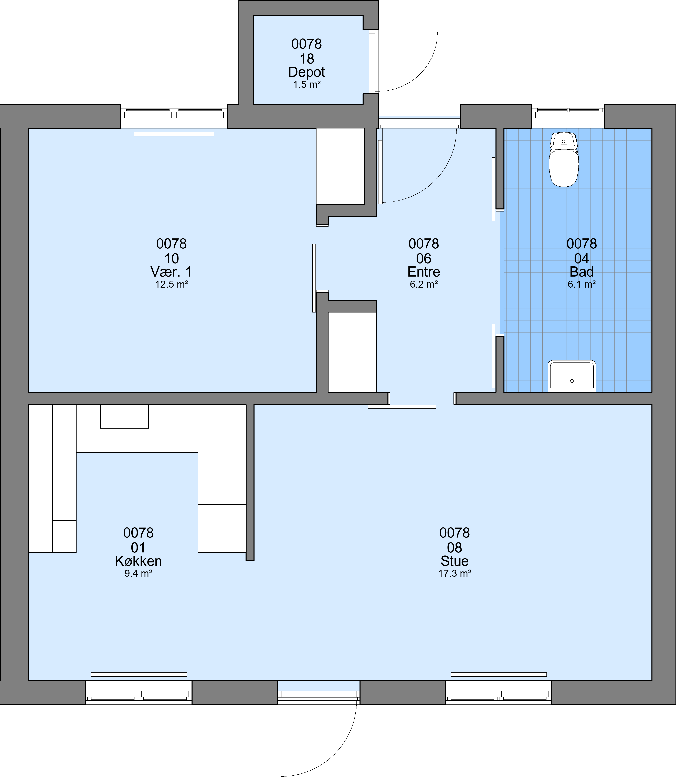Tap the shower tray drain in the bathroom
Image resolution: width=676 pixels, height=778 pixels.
tap(572, 381)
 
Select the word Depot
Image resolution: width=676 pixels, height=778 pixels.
tap(307, 72)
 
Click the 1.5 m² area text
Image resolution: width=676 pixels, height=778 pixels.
tap(307, 85)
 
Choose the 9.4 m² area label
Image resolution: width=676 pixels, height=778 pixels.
tap(139, 573)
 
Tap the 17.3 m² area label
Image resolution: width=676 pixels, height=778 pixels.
tap(455, 573)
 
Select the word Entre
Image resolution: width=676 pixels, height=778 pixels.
tap(424, 272)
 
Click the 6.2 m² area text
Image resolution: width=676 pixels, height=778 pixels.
tap(424, 284)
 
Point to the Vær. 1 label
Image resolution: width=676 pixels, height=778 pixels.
tap(171, 272)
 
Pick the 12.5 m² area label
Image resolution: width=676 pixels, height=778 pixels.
tap(172, 284)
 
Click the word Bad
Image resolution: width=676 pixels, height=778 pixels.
tap(582, 272)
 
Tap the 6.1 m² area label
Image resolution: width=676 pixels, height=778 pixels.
tap(582, 284)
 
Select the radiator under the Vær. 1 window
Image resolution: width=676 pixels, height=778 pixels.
tap(174, 134)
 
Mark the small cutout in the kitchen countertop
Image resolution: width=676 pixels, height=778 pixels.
tap(124, 416)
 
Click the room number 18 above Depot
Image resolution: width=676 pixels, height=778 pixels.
tap(307, 59)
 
